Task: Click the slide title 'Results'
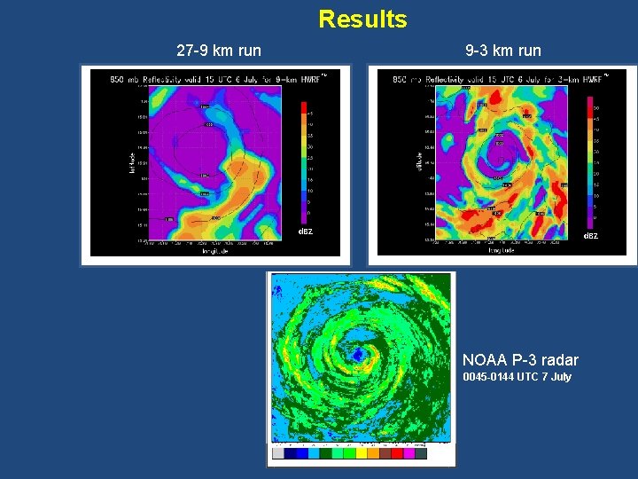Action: tap(362, 19)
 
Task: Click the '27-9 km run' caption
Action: tap(219, 51)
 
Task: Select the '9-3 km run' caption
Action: tap(502, 51)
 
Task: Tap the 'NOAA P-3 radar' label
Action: tap(520, 359)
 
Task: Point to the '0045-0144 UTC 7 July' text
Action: tap(517, 377)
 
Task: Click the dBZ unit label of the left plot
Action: tap(305, 232)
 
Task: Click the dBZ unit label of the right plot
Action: tap(589, 236)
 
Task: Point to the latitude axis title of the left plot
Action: tap(133, 160)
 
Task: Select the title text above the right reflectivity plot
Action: tap(496, 80)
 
